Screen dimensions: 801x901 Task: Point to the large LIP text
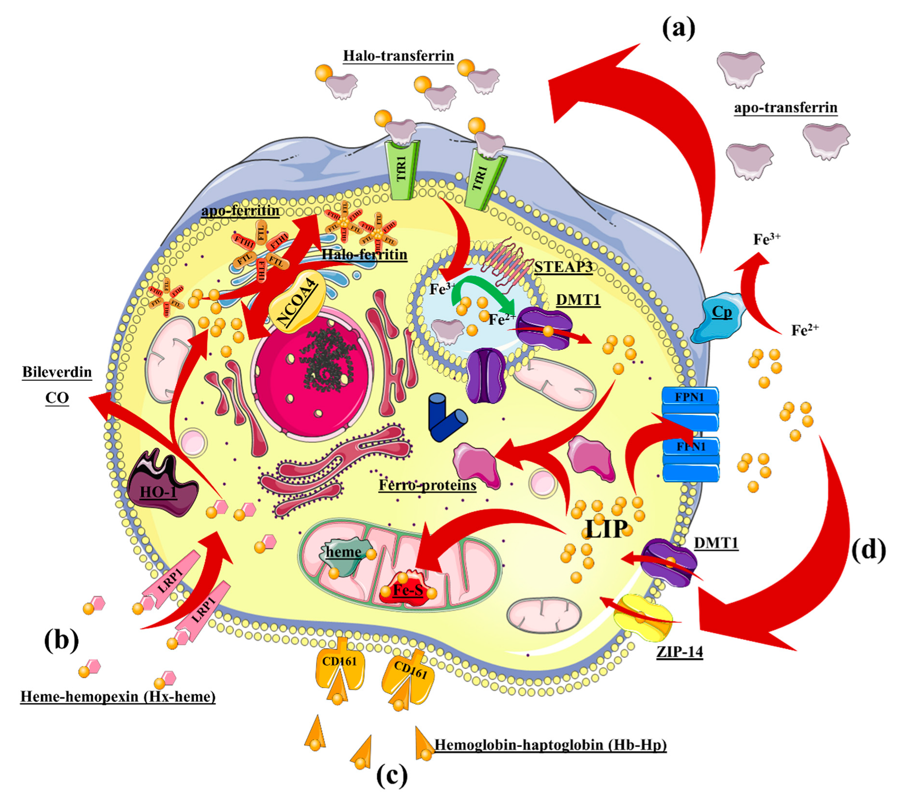pyautogui.click(x=606, y=528)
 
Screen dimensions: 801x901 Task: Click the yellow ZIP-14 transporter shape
pyautogui.click(x=642, y=617)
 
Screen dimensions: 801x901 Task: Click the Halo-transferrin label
pyautogui.click(x=398, y=56)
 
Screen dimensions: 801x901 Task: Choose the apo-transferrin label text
pyautogui.click(x=785, y=107)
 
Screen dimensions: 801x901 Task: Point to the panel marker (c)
pyautogui.click(x=392, y=774)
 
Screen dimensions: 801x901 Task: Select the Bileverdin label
pyautogui.click(x=57, y=372)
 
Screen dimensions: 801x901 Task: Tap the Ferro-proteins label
pyautogui.click(x=427, y=485)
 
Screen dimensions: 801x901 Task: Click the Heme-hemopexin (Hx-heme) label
pyautogui.click(x=117, y=697)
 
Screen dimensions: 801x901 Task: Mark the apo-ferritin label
pyautogui.click(x=240, y=211)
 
